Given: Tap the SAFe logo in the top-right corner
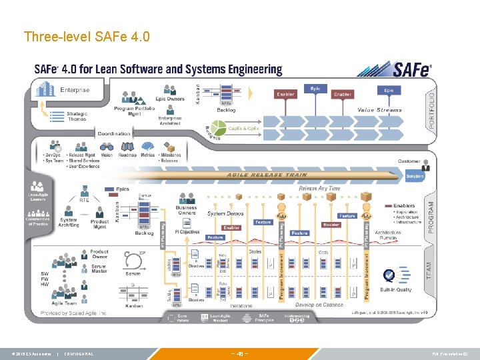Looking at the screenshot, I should [395, 70].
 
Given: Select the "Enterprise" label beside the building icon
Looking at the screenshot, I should [75, 90].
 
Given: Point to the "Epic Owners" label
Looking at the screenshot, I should [170, 99].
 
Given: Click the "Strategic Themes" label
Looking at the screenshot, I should [77, 116].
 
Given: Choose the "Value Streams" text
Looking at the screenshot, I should [379, 110].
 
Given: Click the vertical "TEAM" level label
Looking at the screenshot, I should [429, 269].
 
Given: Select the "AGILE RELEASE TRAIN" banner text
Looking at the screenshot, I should [267, 175].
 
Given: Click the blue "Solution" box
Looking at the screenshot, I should [414, 177].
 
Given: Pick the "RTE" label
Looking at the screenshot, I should [85, 199].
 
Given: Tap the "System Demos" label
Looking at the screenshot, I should [225, 213].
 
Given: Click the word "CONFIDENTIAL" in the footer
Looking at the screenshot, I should [79, 353].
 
